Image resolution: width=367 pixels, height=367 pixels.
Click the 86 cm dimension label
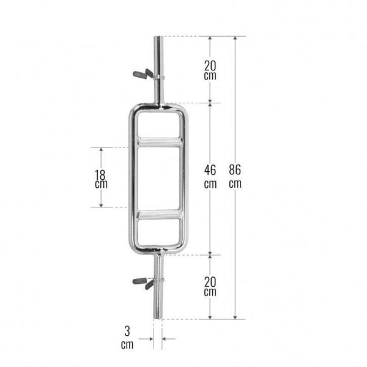click(235, 176)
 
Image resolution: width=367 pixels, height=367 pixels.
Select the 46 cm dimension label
click(210, 177)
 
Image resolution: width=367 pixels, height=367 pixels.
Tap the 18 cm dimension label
click(101, 179)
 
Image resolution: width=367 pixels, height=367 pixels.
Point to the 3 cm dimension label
click(127, 338)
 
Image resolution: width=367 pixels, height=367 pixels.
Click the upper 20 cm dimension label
click(210, 70)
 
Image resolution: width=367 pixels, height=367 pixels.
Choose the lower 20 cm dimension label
click(210, 286)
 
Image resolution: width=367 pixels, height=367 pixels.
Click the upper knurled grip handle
click(160, 143)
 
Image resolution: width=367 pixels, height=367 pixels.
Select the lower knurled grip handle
click(160, 215)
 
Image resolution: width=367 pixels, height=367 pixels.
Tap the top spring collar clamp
click(148, 75)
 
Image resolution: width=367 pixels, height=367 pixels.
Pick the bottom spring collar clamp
click(147, 282)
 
